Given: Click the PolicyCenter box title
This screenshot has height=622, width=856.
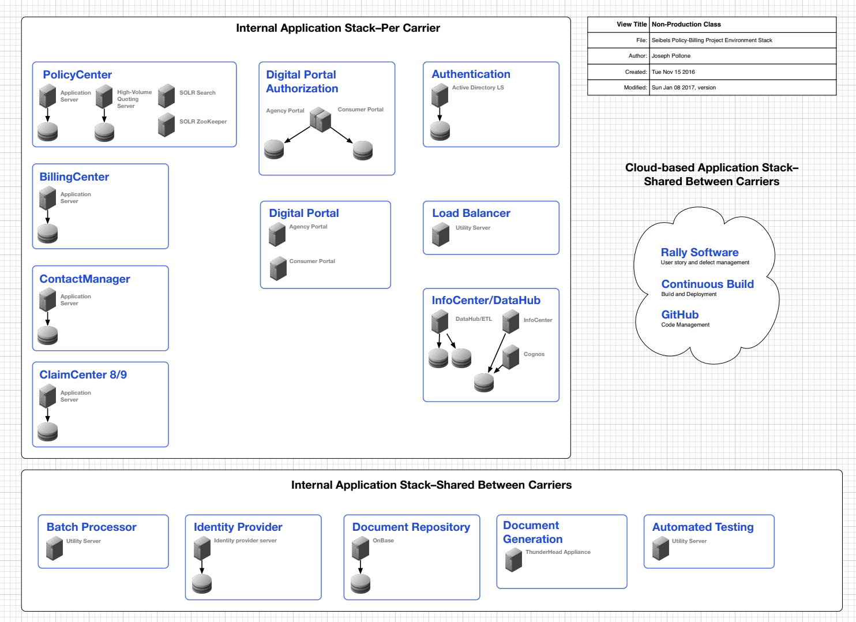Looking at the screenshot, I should point(77,75).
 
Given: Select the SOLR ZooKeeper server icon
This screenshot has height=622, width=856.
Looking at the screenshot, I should point(166,124).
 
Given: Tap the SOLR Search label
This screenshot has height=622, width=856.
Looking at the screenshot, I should point(197,93).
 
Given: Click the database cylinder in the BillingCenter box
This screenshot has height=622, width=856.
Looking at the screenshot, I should point(47,234).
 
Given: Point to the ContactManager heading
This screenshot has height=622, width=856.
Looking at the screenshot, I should point(85,279).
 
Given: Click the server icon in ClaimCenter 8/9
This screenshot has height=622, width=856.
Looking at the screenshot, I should point(47,396).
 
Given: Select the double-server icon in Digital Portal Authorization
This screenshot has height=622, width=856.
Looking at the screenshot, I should point(320,119).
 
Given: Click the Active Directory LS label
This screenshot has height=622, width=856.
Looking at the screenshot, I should point(478,88).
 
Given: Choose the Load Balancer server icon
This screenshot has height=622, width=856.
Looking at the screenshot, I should point(441,234).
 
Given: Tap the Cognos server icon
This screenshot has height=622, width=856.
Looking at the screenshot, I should point(510,357).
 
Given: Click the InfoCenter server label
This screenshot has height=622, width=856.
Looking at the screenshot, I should point(538,320).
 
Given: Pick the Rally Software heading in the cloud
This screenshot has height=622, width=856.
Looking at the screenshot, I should point(700,253).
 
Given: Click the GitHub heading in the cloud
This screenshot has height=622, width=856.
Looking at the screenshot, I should point(680,315).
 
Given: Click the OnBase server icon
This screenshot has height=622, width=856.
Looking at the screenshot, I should point(360,548).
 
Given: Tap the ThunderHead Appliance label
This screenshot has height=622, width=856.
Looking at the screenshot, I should point(558,552).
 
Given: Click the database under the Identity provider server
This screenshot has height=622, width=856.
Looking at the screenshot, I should point(202,584).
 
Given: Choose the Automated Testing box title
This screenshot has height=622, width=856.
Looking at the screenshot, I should point(703,527).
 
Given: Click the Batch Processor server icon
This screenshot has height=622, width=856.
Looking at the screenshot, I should point(54,548).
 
